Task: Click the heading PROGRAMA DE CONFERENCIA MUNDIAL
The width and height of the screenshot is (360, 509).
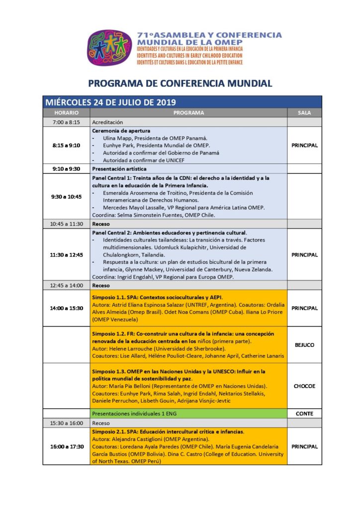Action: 180,83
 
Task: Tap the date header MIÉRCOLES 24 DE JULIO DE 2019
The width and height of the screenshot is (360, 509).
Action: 110,102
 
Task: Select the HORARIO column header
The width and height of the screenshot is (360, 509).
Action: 66,113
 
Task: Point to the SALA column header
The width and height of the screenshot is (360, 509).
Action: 304,113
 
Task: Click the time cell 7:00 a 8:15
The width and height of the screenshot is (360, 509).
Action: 66,122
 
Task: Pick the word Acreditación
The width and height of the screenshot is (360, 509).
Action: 107,122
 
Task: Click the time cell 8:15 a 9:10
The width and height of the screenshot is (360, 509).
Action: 66,146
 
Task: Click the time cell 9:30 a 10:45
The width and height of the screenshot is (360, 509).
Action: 66,196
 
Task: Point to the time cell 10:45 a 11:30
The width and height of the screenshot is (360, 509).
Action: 66,224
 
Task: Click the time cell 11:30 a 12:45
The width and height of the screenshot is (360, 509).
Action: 66,255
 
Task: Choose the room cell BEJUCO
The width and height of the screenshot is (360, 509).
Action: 304,344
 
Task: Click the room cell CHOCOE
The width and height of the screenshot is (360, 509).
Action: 304,386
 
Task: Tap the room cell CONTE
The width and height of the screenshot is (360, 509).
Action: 304,413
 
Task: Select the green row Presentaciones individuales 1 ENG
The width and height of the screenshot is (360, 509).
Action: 134,413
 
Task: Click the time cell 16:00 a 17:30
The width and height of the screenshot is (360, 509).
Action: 66,446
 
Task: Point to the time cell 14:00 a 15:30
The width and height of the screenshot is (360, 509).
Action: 66,308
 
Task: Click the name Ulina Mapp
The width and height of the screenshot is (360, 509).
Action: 118,138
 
